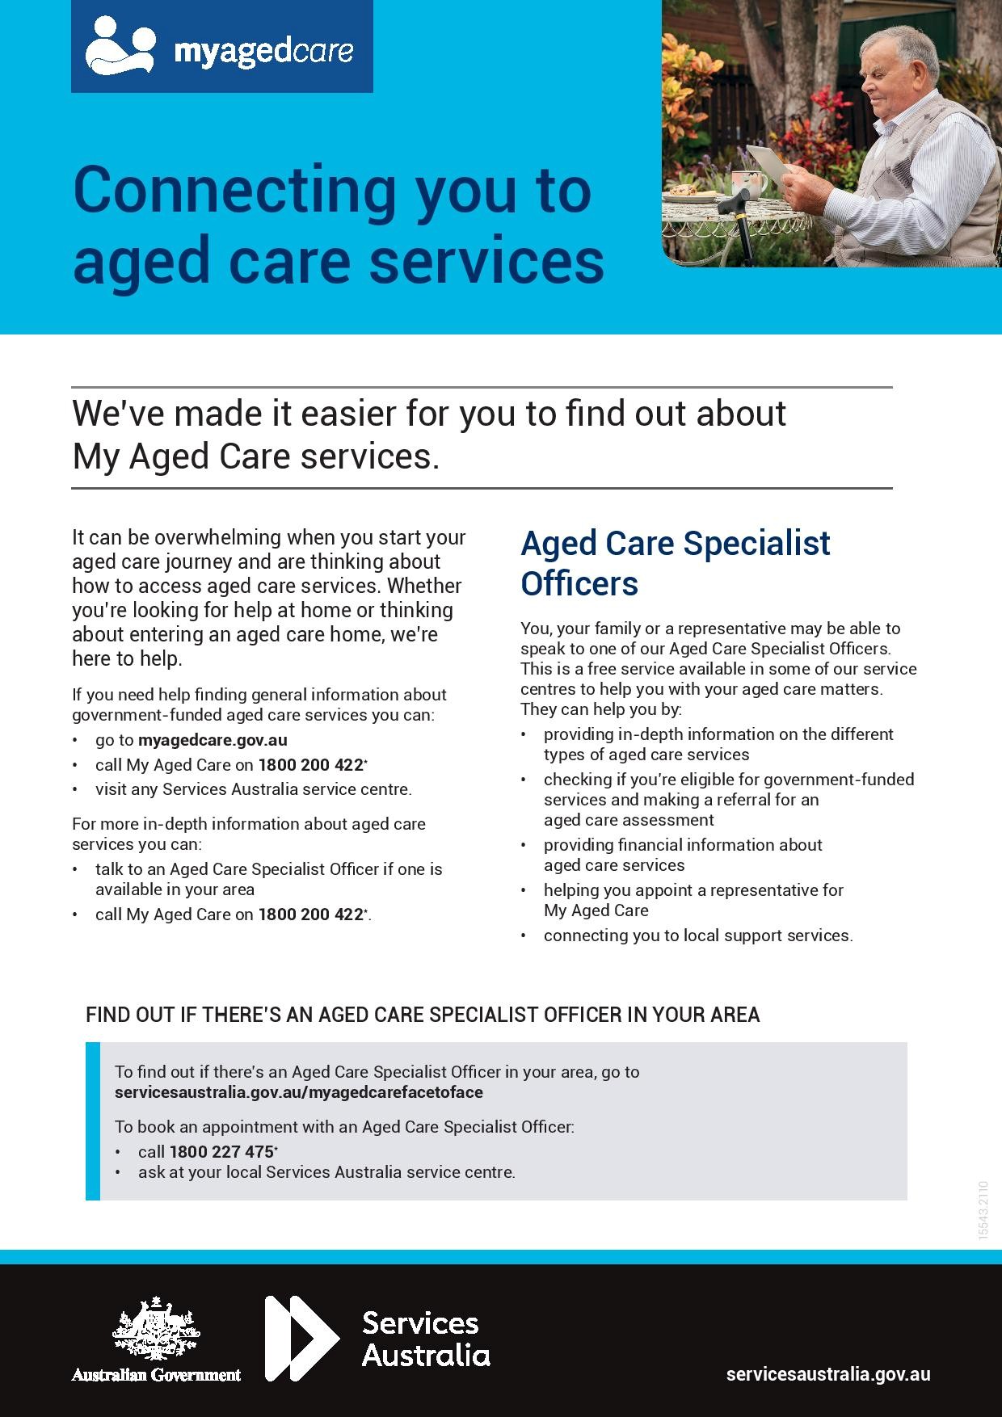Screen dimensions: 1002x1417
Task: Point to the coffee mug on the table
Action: (x=751, y=184)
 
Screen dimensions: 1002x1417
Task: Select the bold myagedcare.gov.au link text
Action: (x=213, y=740)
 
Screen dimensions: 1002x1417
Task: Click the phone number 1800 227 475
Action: (x=221, y=1152)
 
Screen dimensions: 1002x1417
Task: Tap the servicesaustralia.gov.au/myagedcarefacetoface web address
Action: (x=299, y=1092)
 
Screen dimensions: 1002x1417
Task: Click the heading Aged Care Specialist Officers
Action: (x=676, y=563)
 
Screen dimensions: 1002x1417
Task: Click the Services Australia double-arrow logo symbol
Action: (x=302, y=1338)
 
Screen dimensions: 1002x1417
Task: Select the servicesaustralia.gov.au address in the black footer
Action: (x=828, y=1374)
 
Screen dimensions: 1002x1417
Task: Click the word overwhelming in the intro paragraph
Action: (x=217, y=538)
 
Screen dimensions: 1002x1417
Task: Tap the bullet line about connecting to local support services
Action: (x=698, y=936)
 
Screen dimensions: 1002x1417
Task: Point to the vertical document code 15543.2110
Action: (x=983, y=1210)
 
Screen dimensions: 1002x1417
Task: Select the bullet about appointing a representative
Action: (x=693, y=900)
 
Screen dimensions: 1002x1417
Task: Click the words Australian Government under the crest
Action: (x=156, y=1374)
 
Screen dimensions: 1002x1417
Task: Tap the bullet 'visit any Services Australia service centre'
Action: (x=254, y=789)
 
